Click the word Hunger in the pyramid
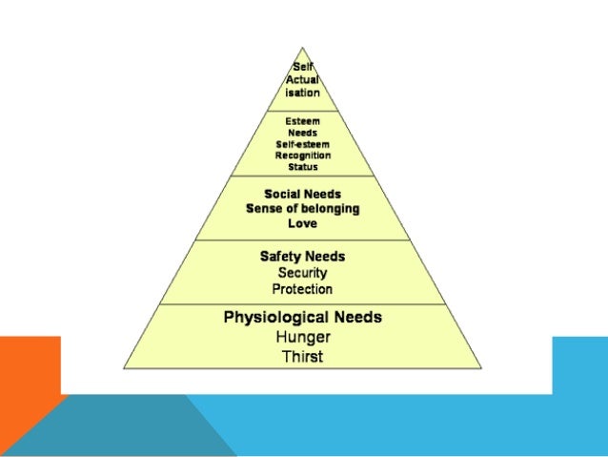302,337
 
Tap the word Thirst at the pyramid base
302,356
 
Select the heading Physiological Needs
302,317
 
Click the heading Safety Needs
302,257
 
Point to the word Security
302,273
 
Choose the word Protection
302,289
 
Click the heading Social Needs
302,193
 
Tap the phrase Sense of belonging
302,208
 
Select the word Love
302,223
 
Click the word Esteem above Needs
302,122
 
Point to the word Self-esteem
302,144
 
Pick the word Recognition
302,155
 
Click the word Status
302,166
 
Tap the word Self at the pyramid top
302,67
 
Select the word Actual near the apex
302,80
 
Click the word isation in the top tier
302,93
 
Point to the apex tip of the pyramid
303,47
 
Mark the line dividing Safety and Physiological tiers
302,304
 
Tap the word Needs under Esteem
302,134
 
